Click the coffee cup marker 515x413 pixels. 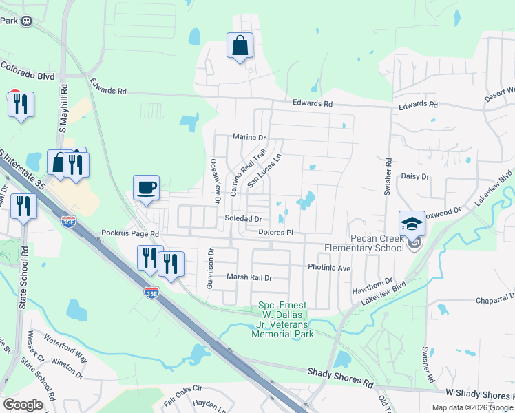click(x=146, y=189)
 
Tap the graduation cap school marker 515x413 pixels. click(x=412, y=224)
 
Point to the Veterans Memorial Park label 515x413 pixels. click(x=286, y=319)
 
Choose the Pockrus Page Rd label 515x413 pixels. click(x=130, y=234)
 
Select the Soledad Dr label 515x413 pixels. click(x=244, y=219)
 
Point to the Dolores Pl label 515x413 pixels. click(x=276, y=233)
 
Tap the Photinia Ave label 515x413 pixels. click(x=329, y=267)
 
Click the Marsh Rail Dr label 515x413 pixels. click(x=250, y=278)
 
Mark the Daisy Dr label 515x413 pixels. click(x=415, y=177)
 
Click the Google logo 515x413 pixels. click(x=23, y=405)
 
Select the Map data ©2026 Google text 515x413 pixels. click(x=472, y=407)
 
